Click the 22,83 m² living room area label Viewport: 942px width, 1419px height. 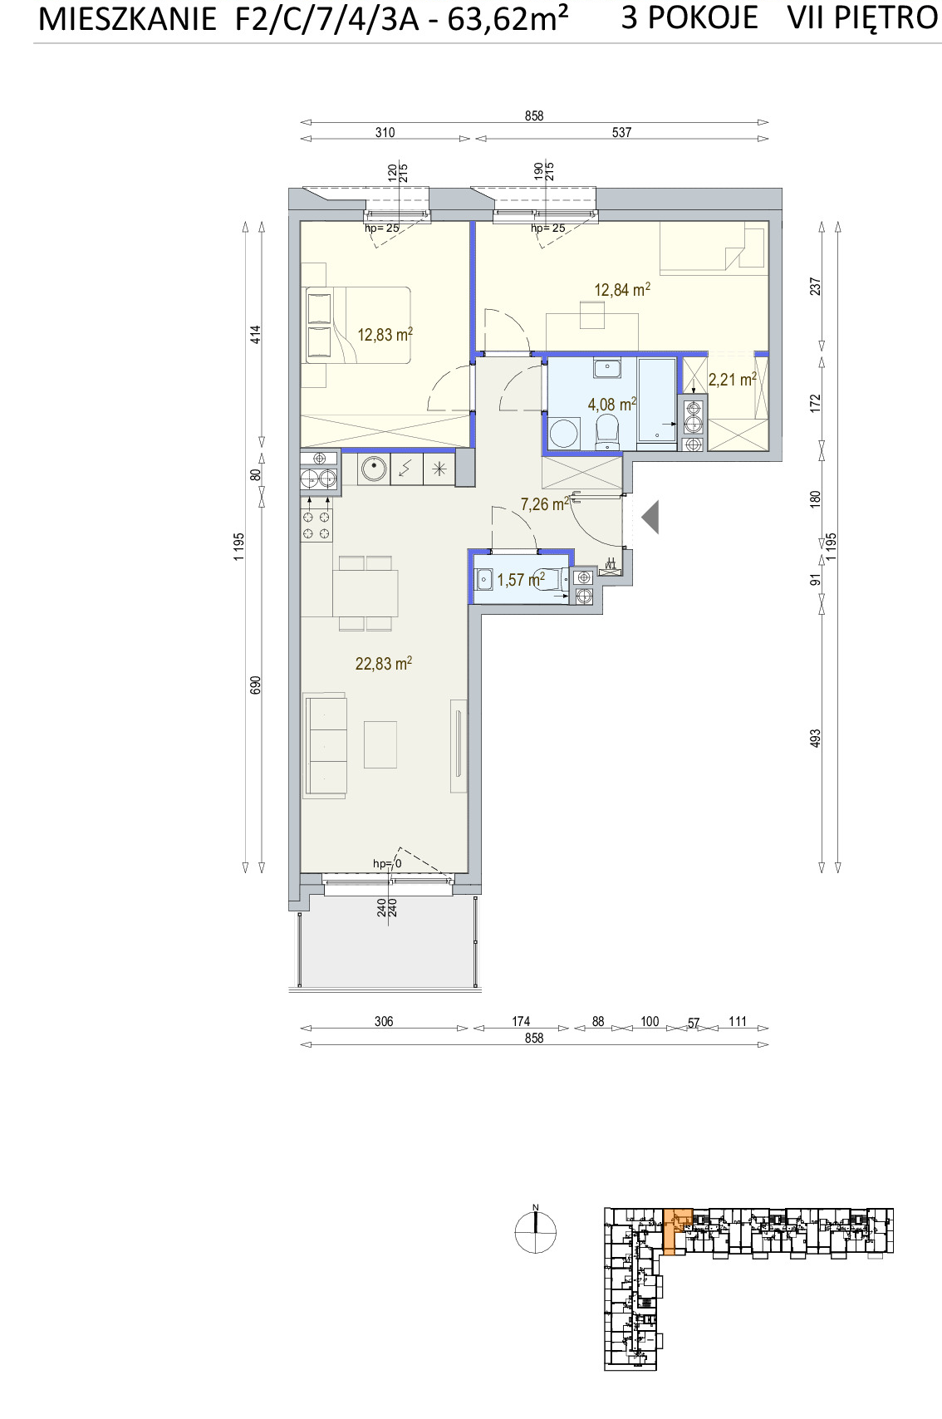pyautogui.click(x=383, y=664)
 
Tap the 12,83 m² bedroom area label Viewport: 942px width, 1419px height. pyautogui.click(x=385, y=335)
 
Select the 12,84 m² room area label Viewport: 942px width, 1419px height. pyautogui.click(x=622, y=290)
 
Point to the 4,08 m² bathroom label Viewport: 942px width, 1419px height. pyautogui.click(x=612, y=404)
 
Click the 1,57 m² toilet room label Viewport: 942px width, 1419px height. pyautogui.click(x=521, y=580)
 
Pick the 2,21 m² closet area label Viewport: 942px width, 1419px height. pyautogui.click(x=733, y=380)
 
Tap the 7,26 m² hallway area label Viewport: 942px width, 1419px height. pyautogui.click(x=544, y=504)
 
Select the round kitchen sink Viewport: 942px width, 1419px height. pyautogui.click(x=374, y=469)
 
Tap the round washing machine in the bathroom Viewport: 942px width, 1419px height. pyautogui.click(x=564, y=434)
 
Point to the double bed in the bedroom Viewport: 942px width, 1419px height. pyautogui.click(x=358, y=325)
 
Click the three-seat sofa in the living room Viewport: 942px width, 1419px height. pyautogui.click(x=326, y=745)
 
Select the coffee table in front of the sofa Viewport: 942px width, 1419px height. pyautogui.click(x=380, y=745)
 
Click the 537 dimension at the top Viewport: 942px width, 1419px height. pyautogui.click(x=621, y=132)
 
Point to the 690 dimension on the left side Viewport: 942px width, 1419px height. pyautogui.click(x=255, y=685)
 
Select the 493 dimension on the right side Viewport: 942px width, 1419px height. pyautogui.click(x=815, y=738)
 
